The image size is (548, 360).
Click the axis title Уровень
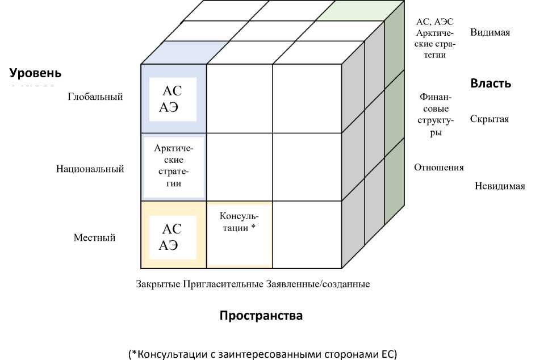pyautogui.click(x=35, y=74)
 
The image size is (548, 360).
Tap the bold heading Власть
pyautogui.click(x=491, y=83)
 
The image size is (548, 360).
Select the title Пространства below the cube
pyautogui.click(x=261, y=316)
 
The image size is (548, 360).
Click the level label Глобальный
pyautogui.click(x=95, y=97)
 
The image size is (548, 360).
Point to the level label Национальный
pyautogui.click(x=90, y=169)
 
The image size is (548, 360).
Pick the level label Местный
pyautogui.click(x=95, y=237)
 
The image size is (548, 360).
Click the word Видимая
pyautogui.click(x=490, y=32)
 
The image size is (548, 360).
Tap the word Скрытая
pyautogui.click(x=490, y=119)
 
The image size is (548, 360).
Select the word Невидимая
pyautogui.click(x=500, y=186)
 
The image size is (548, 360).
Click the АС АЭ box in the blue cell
pyautogui.click(x=172, y=99)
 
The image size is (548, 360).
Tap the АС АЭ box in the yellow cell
pyautogui.click(x=172, y=237)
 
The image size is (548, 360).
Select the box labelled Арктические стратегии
pyautogui.click(x=174, y=166)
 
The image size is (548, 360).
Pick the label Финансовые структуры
pyautogui.click(x=435, y=115)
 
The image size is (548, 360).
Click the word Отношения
pyautogui.click(x=438, y=168)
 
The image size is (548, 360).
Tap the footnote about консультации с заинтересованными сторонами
pyautogui.click(x=263, y=354)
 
